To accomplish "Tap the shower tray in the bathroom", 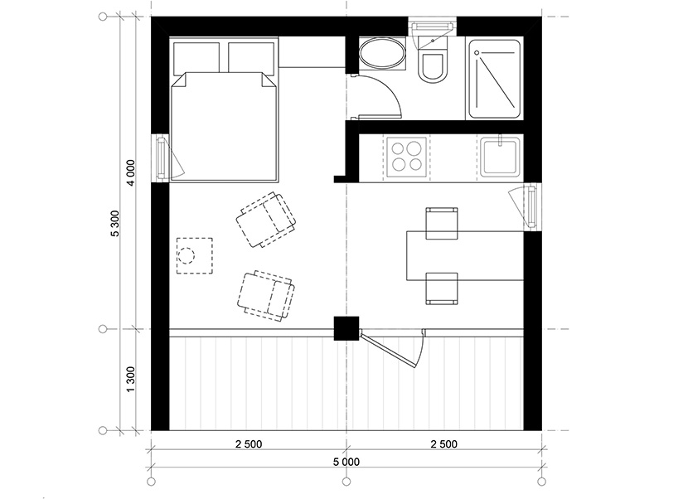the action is pos(495,79).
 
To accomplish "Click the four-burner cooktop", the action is pos(407,157).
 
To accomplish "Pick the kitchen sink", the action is pos(500,157).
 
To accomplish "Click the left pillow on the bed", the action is pos(196,58).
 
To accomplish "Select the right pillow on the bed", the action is pos(251,57).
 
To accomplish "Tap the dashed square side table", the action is pos(195,256).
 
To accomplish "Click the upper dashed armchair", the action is pos(266,220).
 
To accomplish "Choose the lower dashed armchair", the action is pos(266,295).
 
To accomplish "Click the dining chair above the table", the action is pos(442,223).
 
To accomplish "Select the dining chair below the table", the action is pos(442,288).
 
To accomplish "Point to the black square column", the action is pos(346,328).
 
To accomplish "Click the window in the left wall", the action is pos(161,157).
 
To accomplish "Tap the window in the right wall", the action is pos(532,206).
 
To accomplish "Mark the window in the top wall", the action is pos(432,27).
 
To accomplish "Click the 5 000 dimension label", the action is pos(346,462).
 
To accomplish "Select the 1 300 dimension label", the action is pos(130,379).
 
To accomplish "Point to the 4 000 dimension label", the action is pos(131,172).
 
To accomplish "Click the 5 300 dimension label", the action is pos(115,223).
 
